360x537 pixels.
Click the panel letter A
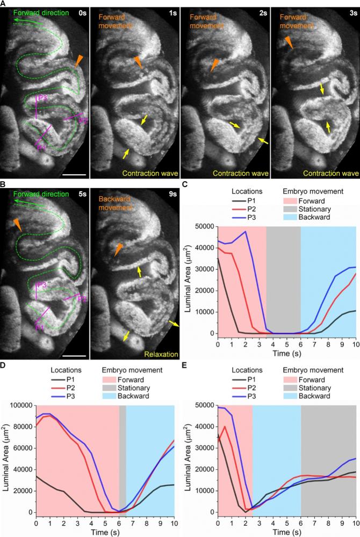(x=4, y=4)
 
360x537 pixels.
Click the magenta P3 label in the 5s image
(x=42, y=285)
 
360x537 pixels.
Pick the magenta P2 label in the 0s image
(x=83, y=120)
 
